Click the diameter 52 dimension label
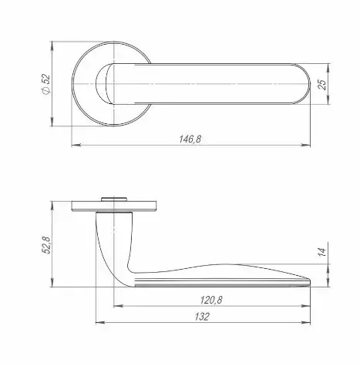[x=45, y=84]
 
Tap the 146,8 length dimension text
[x=190, y=139]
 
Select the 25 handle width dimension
[x=321, y=84]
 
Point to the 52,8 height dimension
[x=46, y=244]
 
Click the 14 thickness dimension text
[x=321, y=252]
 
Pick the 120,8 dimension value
[x=211, y=300]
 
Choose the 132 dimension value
[x=202, y=317]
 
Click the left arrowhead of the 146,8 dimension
[x=76, y=146]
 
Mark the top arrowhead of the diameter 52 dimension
[x=52, y=46]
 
